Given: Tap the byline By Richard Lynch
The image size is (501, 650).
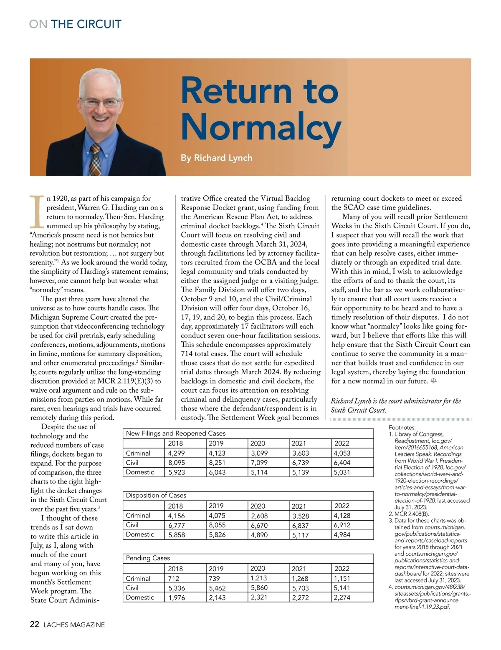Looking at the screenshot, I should [x=216, y=158].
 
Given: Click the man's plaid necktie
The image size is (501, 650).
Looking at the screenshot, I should [x=96, y=161].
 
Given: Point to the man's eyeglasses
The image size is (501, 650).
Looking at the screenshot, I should [x=100, y=102].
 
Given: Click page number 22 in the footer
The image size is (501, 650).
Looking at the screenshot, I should [x=35, y=624].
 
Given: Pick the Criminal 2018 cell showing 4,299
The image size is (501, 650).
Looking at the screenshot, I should [x=176, y=453].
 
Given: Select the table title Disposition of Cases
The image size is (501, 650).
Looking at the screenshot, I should [x=156, y=495].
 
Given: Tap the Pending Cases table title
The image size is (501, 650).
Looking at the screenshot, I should [x=148, y=558].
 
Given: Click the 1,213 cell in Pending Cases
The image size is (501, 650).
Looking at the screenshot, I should [x=259, y=578].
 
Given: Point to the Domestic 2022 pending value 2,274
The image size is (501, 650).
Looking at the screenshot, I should [x=342, y=597].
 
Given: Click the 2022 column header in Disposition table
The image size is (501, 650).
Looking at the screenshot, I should [x=342, y=506].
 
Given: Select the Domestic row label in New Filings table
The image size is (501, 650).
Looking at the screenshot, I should [x=140, y=472].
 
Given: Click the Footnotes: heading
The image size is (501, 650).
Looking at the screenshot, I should [x=402, y=427].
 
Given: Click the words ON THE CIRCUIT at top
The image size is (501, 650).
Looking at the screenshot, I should [x=76, y=24].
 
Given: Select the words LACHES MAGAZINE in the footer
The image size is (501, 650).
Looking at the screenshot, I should [x=73, y=625].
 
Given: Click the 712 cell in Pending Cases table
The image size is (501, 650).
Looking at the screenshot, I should [x=174, y=578].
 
